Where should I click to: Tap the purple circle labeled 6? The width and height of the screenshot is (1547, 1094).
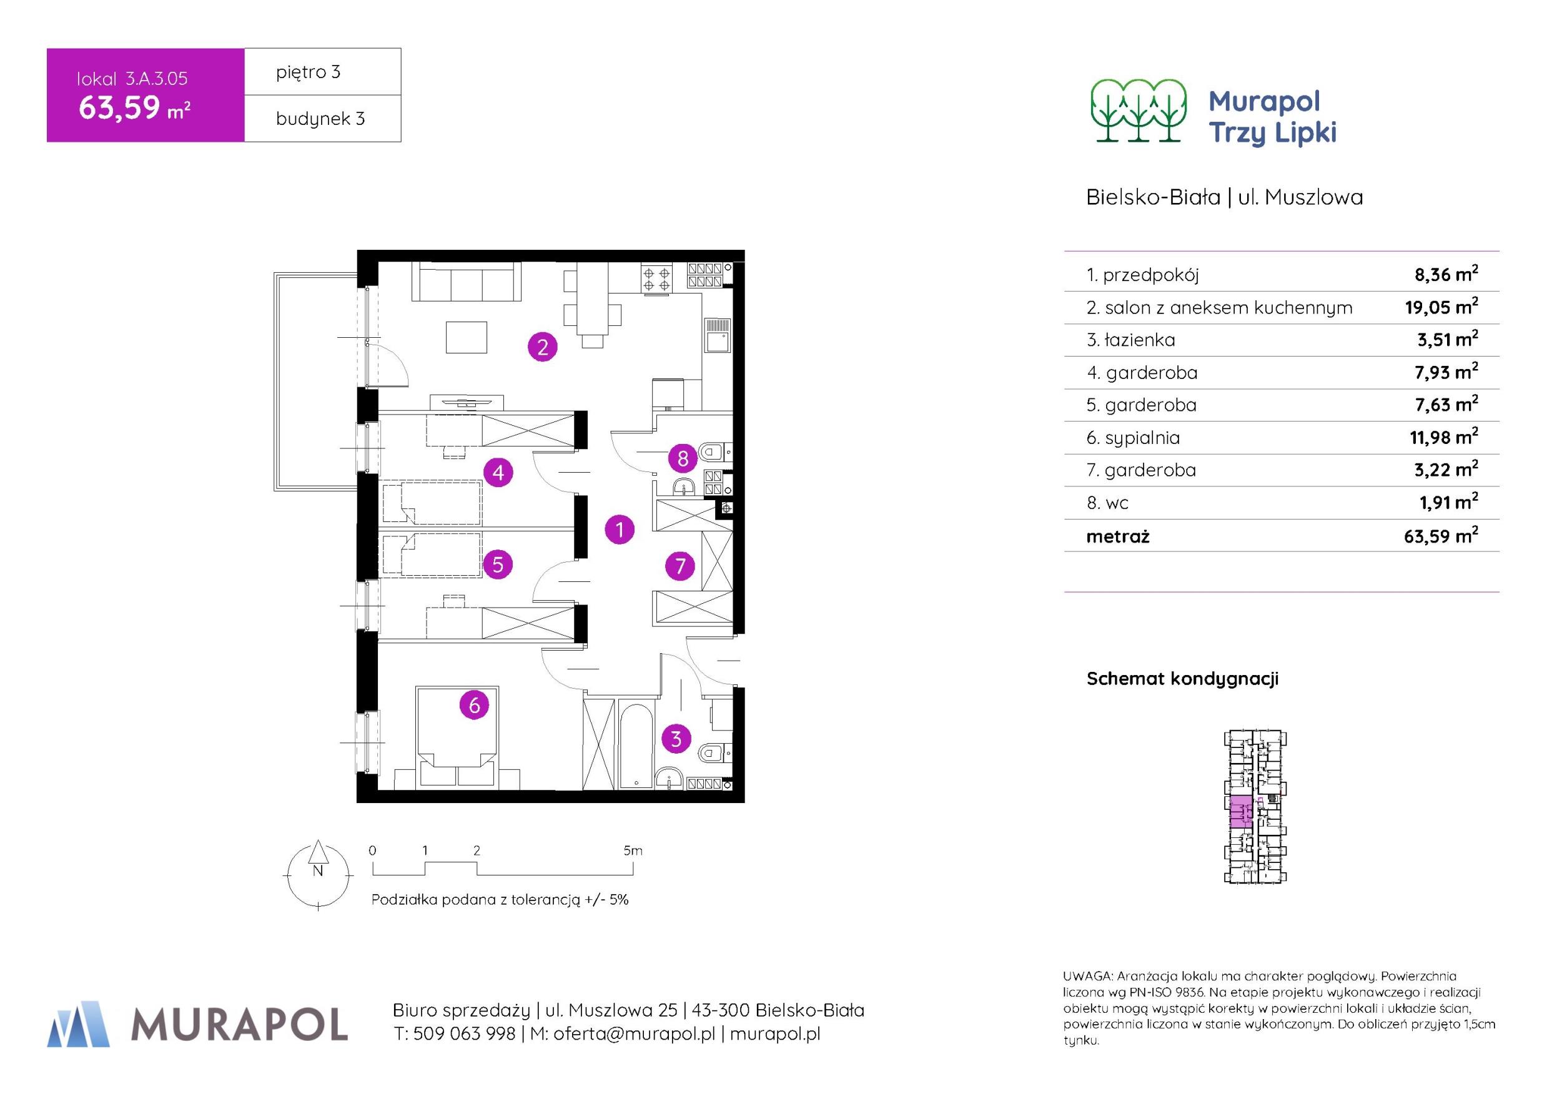474,706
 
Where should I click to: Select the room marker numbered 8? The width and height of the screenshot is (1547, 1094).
683,459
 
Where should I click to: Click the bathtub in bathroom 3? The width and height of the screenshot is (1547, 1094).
635,746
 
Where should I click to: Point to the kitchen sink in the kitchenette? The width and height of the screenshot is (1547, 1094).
716,335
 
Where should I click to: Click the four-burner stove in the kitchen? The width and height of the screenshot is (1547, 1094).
657,279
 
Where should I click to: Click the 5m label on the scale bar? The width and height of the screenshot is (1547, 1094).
633,850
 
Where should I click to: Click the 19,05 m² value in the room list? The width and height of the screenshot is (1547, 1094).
1441,307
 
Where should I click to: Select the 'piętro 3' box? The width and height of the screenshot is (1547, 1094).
323,71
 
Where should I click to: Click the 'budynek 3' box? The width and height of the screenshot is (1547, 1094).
323,119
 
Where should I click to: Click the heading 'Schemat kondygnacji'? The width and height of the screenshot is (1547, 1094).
1182,679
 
